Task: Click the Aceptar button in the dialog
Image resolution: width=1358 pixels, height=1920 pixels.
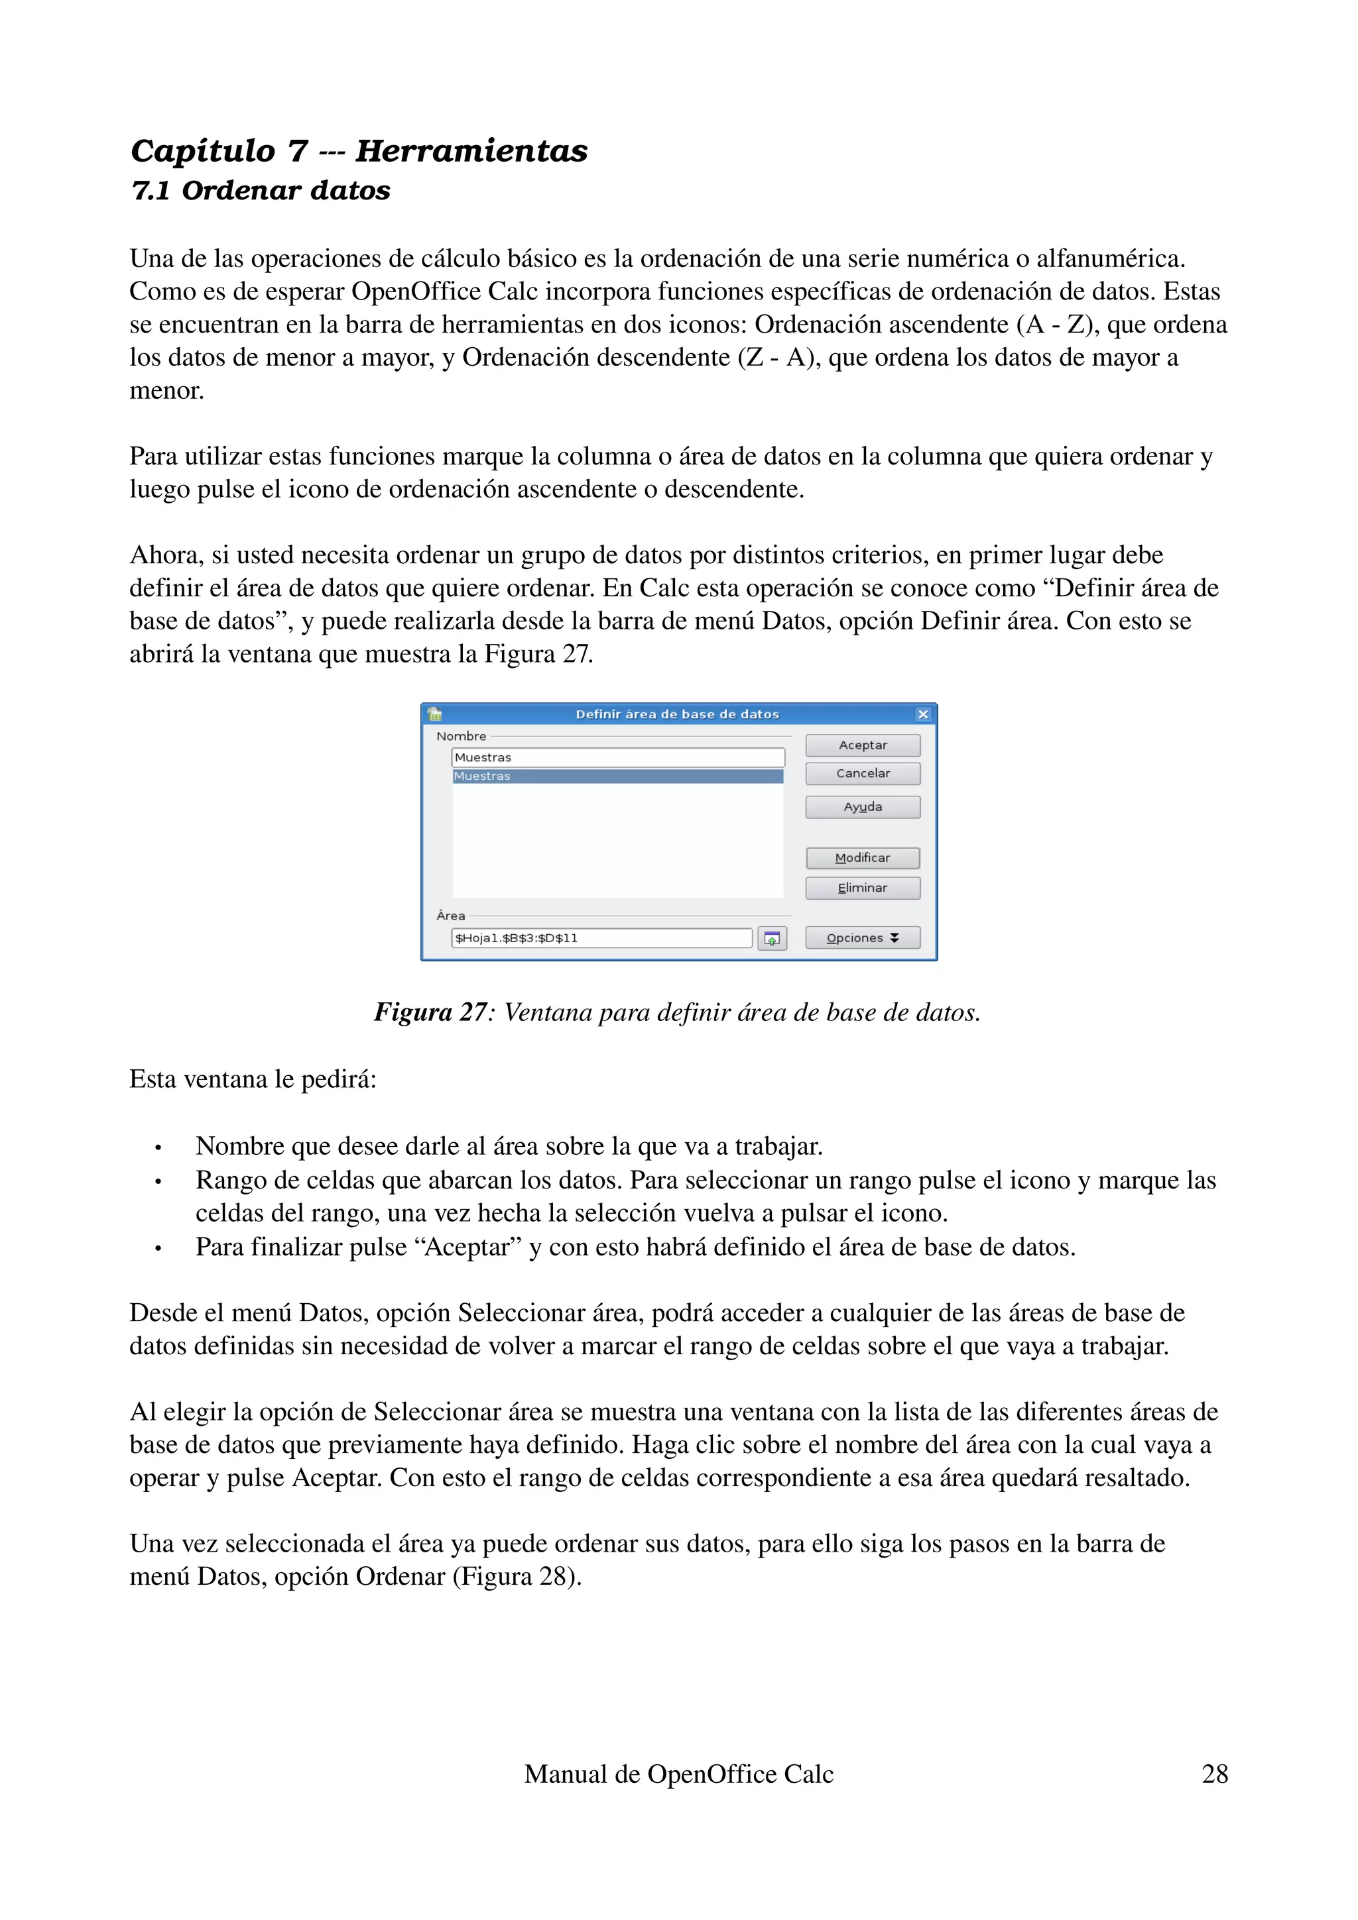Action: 862,745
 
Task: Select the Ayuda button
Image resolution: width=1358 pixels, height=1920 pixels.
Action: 862,807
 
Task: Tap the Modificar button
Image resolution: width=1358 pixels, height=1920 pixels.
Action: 862,858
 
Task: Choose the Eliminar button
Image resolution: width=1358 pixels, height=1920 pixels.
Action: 862,888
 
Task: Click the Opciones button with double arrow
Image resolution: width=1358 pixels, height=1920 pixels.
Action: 862,938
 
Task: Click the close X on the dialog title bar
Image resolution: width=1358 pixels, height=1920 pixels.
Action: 923,714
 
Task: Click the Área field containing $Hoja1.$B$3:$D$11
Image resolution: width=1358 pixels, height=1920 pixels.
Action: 601,938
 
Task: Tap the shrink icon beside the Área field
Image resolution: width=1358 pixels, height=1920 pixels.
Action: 771,939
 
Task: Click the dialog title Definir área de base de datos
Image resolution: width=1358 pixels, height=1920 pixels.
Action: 677,714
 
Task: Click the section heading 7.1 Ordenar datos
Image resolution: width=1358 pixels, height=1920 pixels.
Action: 261,191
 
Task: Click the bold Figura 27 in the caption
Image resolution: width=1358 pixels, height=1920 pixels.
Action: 430,1013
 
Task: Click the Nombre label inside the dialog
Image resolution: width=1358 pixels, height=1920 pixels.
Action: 461,737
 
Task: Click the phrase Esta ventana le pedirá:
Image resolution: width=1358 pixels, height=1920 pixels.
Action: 253,1079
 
